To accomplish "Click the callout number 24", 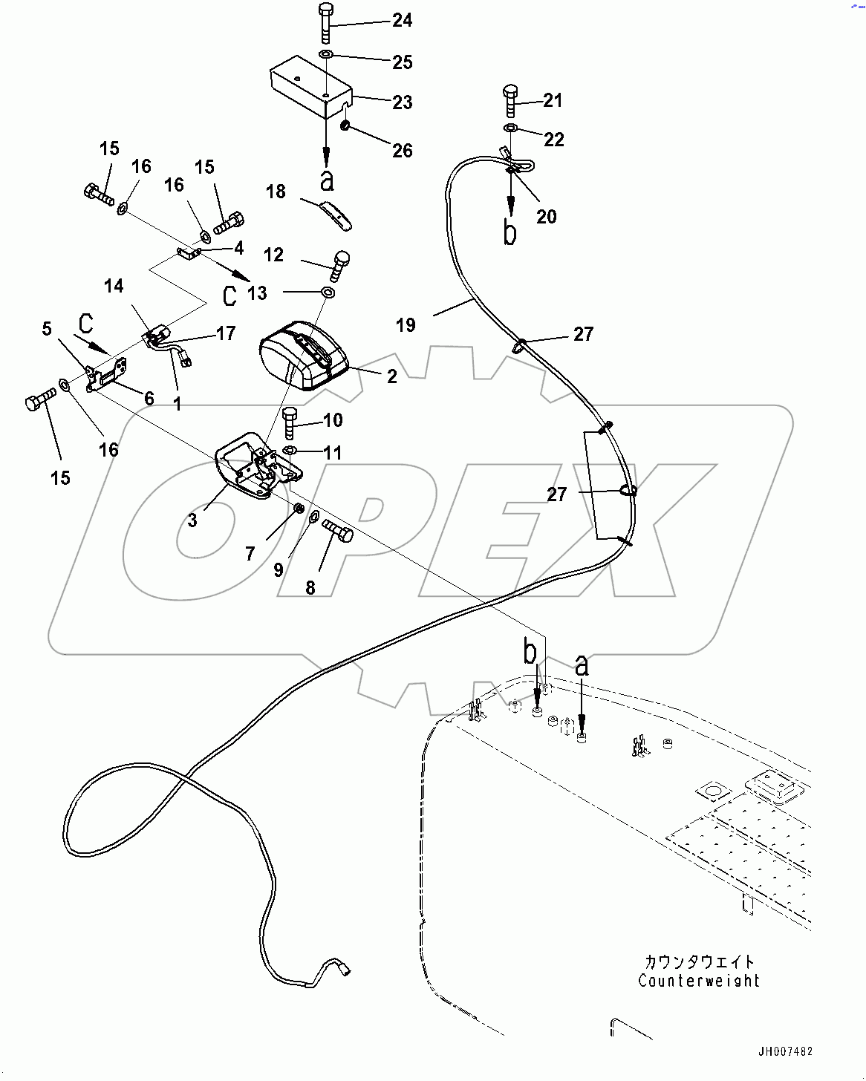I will (402, 20).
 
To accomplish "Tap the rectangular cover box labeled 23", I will (310, 87).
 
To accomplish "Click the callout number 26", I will (402, 151).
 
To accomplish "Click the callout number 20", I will (546, 217).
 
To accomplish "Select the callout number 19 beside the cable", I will (406, 325).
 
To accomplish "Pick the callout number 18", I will (276, 192).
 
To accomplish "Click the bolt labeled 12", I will (339, 265).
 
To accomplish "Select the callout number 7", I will (250, 554).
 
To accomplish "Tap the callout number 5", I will (47, 329).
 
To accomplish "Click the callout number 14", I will (114, 286).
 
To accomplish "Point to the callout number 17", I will (226, 334).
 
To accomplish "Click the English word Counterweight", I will (698, 981).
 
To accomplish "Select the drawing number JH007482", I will (785, 1052).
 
